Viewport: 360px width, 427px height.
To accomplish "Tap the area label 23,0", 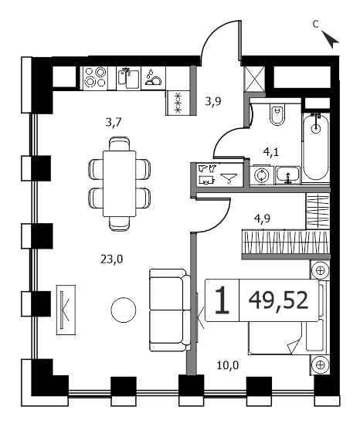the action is (x=112, y=259).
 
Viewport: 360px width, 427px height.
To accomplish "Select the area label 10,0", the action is (x=228, y=365).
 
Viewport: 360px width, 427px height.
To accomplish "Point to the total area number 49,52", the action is (x=278, y=300).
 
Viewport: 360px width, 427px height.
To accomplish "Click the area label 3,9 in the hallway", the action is (x=213, y=102).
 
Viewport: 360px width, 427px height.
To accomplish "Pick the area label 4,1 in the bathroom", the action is (x=271, y=152).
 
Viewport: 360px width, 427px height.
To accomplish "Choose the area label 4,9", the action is (x=262, y=219).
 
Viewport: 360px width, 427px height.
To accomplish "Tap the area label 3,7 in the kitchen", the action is (x=114, y=123).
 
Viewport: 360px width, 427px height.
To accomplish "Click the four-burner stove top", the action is (x=95, y=78).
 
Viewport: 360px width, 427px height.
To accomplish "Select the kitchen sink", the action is (x=129, y=78).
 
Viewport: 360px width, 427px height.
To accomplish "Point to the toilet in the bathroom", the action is (x=277, y=114).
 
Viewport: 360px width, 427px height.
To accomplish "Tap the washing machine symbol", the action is (x=262, y=175).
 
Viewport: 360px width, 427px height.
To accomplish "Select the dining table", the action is (x=120, y=184).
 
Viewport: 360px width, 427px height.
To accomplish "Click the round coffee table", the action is (x=124, y=310).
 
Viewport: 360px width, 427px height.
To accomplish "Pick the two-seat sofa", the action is (x=170, y=310).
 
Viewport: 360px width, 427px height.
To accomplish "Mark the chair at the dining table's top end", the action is (x=120, y=144).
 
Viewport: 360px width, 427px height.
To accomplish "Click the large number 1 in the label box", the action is (x=222, y=300).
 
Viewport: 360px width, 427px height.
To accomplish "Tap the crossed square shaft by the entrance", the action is (x=254, y=79).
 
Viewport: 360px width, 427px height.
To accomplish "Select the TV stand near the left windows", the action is (x=66, y=310).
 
